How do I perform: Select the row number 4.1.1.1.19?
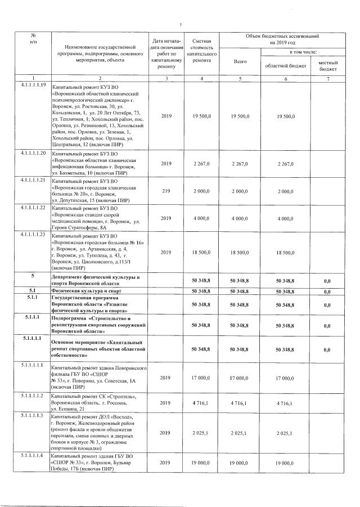(33, 84)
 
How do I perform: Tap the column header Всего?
(240, 62)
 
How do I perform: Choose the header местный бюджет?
(328, 65)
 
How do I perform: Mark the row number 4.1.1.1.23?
(33, 234)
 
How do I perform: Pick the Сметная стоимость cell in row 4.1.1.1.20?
(201, 164)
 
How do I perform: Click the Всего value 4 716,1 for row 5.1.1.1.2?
(240, 403)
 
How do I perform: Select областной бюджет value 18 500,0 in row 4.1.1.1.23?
(285, 253)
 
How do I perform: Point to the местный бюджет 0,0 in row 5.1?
(327, 291)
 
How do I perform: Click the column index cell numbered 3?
(166, 77)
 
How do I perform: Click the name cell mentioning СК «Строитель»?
(99, 403)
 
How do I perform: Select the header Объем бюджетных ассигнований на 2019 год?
(286, 39)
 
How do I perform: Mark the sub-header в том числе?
(302, 52)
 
